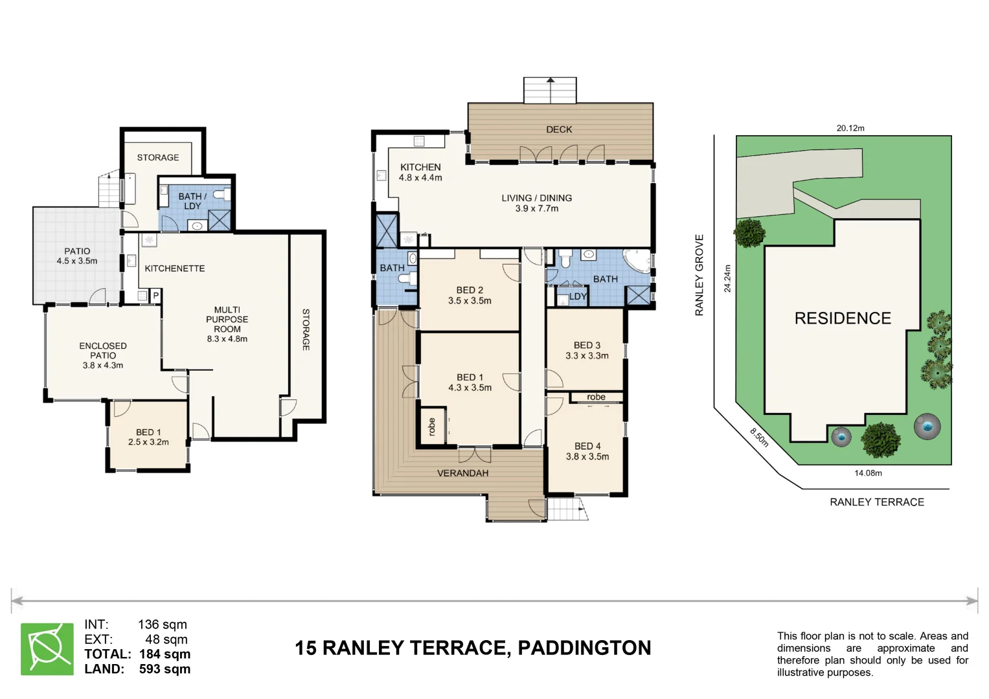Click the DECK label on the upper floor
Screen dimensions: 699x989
559,129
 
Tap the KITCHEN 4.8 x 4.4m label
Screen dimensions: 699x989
420,172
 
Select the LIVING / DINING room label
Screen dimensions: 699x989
536,203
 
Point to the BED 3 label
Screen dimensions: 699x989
587,350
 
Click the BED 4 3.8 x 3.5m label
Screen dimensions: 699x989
587,451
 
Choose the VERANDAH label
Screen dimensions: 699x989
462,473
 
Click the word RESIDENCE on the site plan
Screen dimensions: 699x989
843,318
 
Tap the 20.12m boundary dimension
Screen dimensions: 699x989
850,128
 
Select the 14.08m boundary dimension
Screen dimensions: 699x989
868,473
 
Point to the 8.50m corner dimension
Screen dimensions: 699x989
760,438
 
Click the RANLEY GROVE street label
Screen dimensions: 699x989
699,275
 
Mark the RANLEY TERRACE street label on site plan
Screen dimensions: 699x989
876,502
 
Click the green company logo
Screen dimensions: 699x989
47,649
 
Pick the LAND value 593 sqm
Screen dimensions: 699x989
165,669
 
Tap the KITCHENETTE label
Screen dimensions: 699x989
174,269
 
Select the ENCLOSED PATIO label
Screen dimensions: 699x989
103,355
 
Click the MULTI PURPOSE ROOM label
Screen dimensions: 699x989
227,324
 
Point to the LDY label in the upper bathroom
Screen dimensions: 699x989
578,296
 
